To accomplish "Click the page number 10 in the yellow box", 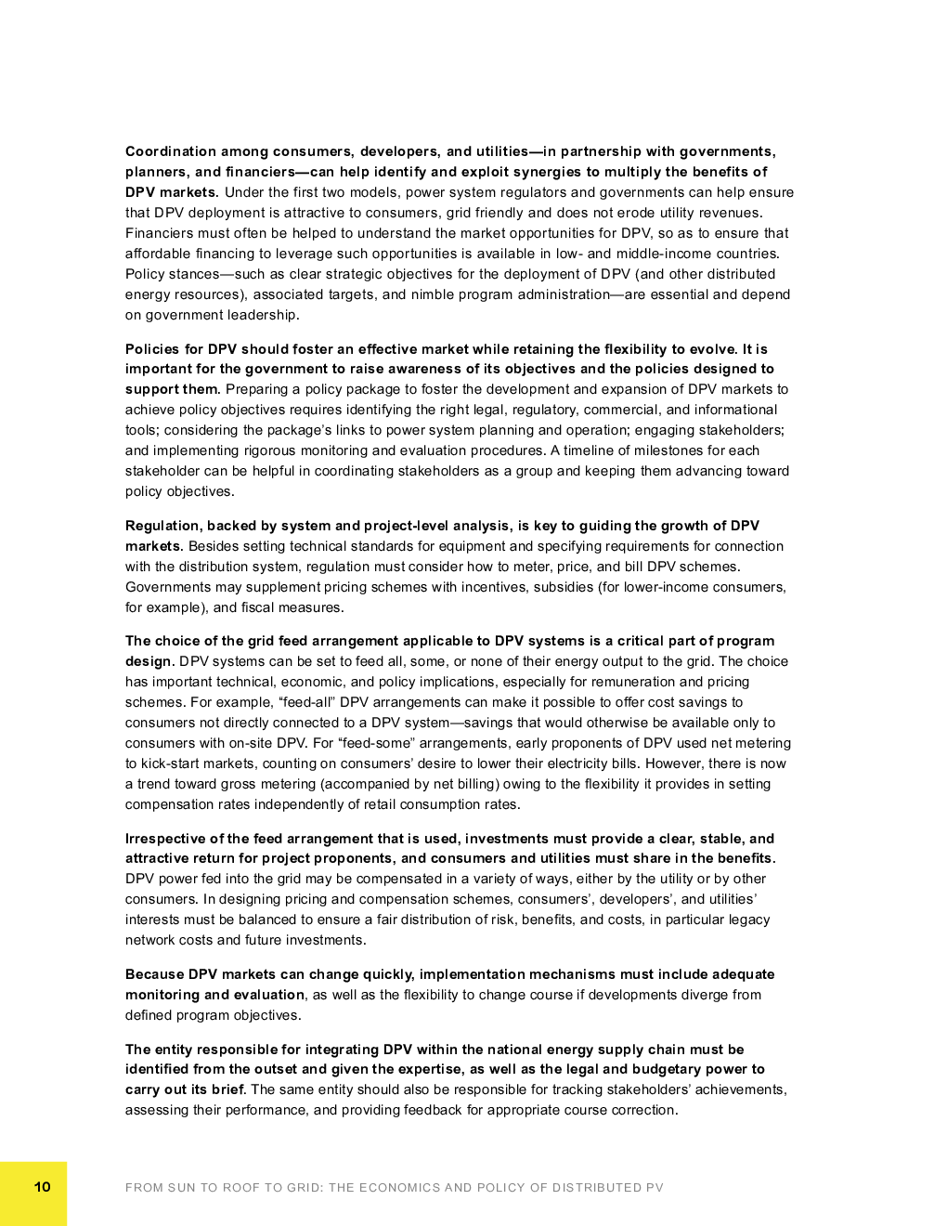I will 43,1186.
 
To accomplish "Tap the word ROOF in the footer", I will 240,1187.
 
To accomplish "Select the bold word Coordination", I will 171,151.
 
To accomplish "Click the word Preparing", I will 256,389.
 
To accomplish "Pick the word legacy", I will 748,919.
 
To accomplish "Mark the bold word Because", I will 154,974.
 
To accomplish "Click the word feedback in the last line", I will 432,1110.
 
